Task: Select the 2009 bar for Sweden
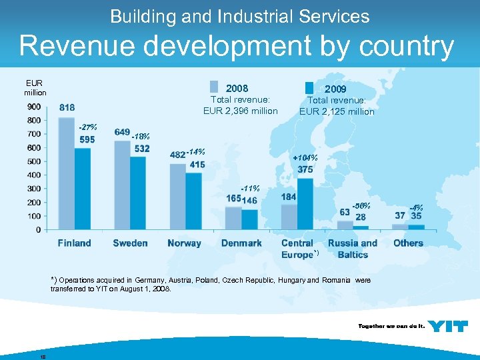pyautogui.click(x=138, y=193)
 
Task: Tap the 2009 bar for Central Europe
pyautogui.click(x=305, y=204)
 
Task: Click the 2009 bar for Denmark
pyautogui.click(x=249, y=219)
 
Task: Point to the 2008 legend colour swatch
pyautogui.click(x=213, y=87)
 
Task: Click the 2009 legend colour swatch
pyautogui.click(x=309, y=87)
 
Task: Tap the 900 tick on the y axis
pyautogui.click(x=33, y=107)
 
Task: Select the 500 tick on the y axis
pyautogui.click(x=33, y=161)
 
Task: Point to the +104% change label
pyautogui.click(x=305, y=158)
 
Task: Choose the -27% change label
pyautogui.click(x=87, y=127)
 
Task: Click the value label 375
pyautogui.click(x=305, y=169)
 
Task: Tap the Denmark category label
pyautogui.click(x=241, y=243)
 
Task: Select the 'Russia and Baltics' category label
pyautogui.click(x=353, y=249)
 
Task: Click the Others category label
pyautogui.click(x=408, y=243)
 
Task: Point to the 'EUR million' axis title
pyautogui.click(x=35, y=87)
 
